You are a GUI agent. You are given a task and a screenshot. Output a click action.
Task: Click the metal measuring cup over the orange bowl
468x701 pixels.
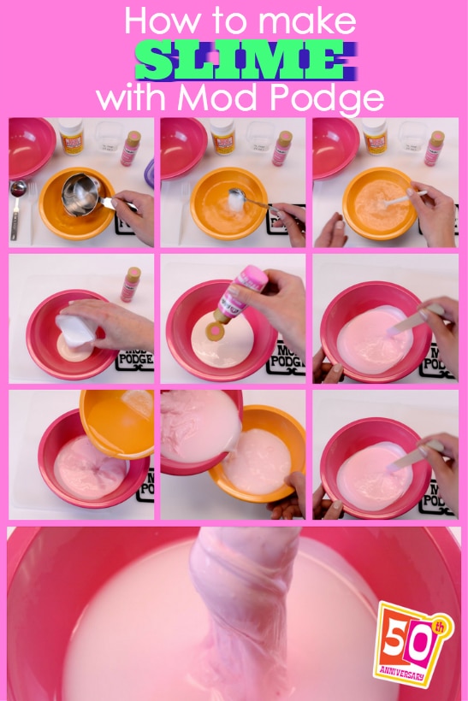click(83, 195)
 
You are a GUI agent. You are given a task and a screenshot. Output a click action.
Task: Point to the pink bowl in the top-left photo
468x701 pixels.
click(30, 145)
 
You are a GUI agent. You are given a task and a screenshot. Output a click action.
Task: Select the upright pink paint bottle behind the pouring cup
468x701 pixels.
click(131, 284)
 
